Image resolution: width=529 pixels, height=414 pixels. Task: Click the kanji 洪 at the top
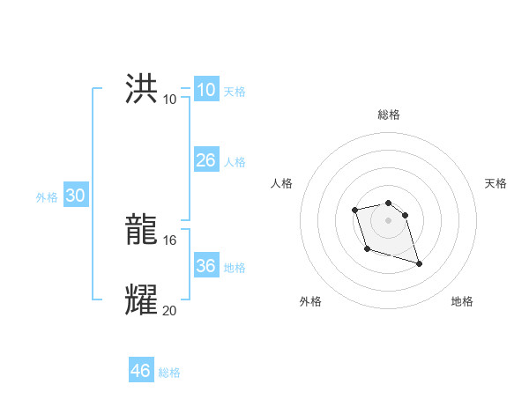pos(142,89)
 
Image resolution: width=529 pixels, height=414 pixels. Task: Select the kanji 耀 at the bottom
pos(142,300)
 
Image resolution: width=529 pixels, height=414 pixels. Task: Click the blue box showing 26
pos(205,160)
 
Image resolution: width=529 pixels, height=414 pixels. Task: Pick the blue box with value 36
pos(205,266)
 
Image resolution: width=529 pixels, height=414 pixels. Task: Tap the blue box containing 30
pos(75,196)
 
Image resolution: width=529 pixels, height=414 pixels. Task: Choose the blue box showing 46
pos(141,371)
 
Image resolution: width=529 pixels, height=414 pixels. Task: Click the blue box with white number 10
pos(205,90)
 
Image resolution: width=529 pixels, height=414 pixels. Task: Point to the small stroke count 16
pos(170,240)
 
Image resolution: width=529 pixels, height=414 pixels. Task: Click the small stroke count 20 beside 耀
pos(170,309)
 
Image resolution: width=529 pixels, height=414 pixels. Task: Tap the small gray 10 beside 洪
pos(170,99)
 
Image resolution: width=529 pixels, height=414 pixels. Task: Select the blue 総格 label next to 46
pos(169,373)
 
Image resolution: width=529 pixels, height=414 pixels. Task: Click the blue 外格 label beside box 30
pos(47,197)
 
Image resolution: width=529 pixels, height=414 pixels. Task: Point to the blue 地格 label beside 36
pos(235,268)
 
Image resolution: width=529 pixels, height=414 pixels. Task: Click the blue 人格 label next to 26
pos(235,162)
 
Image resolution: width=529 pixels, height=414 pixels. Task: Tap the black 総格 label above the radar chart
pos(389,115)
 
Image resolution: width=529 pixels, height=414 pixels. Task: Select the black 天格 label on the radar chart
pos(495,183)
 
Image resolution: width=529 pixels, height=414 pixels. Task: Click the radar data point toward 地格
pos(419,263)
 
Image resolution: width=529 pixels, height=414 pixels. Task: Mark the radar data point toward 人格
pos(354,210)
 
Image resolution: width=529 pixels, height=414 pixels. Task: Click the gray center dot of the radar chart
pos(389,219)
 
